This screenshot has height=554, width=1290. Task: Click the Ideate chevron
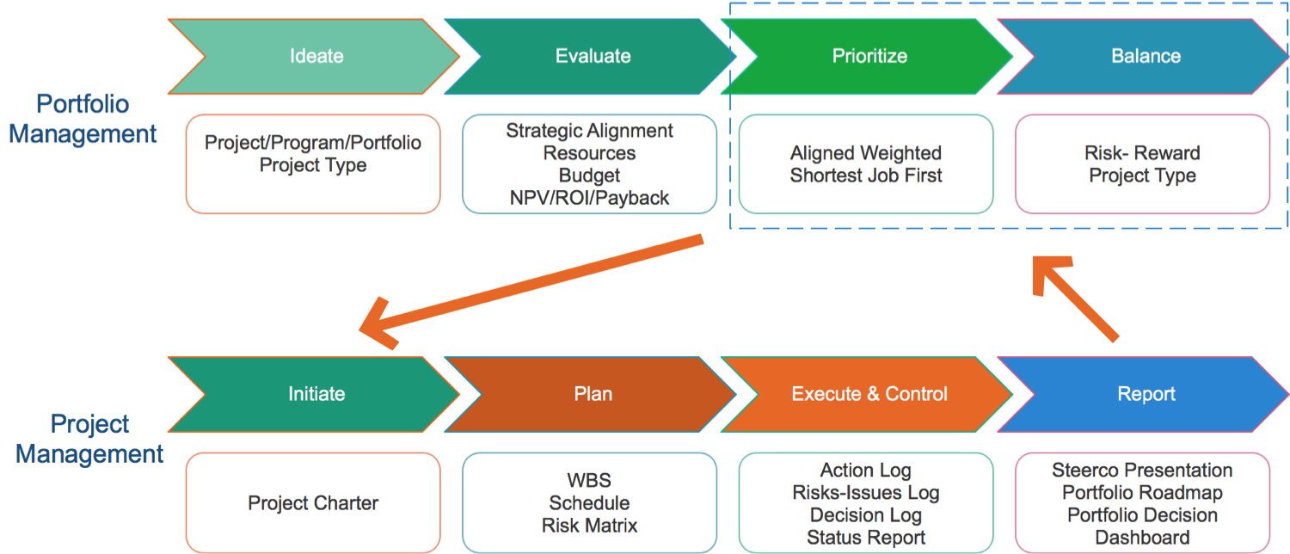[x=316, y=57]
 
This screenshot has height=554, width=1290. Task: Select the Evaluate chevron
[x=593, y=57]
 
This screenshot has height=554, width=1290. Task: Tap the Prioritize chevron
[x=869, y=57]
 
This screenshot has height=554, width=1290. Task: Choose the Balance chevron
[x=1146, y=57]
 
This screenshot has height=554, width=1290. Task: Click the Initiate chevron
[x=316, y=394]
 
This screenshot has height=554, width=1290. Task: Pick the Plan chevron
[x=593, y=394]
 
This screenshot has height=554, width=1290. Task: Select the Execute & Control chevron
[x=869, y=394]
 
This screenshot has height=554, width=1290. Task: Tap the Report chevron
[x=1146, y=394]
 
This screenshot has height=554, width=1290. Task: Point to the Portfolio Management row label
[x=83, y=119]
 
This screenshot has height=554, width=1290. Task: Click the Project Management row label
[x=89, y=439]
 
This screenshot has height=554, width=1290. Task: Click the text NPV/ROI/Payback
[x=589, y=199]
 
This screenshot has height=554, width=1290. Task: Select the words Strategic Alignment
[x=589, y=131]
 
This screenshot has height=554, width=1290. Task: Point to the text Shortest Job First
[x=866, y=175]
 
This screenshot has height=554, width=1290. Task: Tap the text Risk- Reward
[x=1142, y=153]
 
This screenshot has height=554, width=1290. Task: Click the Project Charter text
[x=313, y=503]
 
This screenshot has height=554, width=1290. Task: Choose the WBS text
[x=589, y=480]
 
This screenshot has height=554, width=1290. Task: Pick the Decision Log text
[x=866, y=515]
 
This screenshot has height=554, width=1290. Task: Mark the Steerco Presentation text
[x=1142, y=471]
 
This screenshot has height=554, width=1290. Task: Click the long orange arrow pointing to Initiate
[x=533, y=285]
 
